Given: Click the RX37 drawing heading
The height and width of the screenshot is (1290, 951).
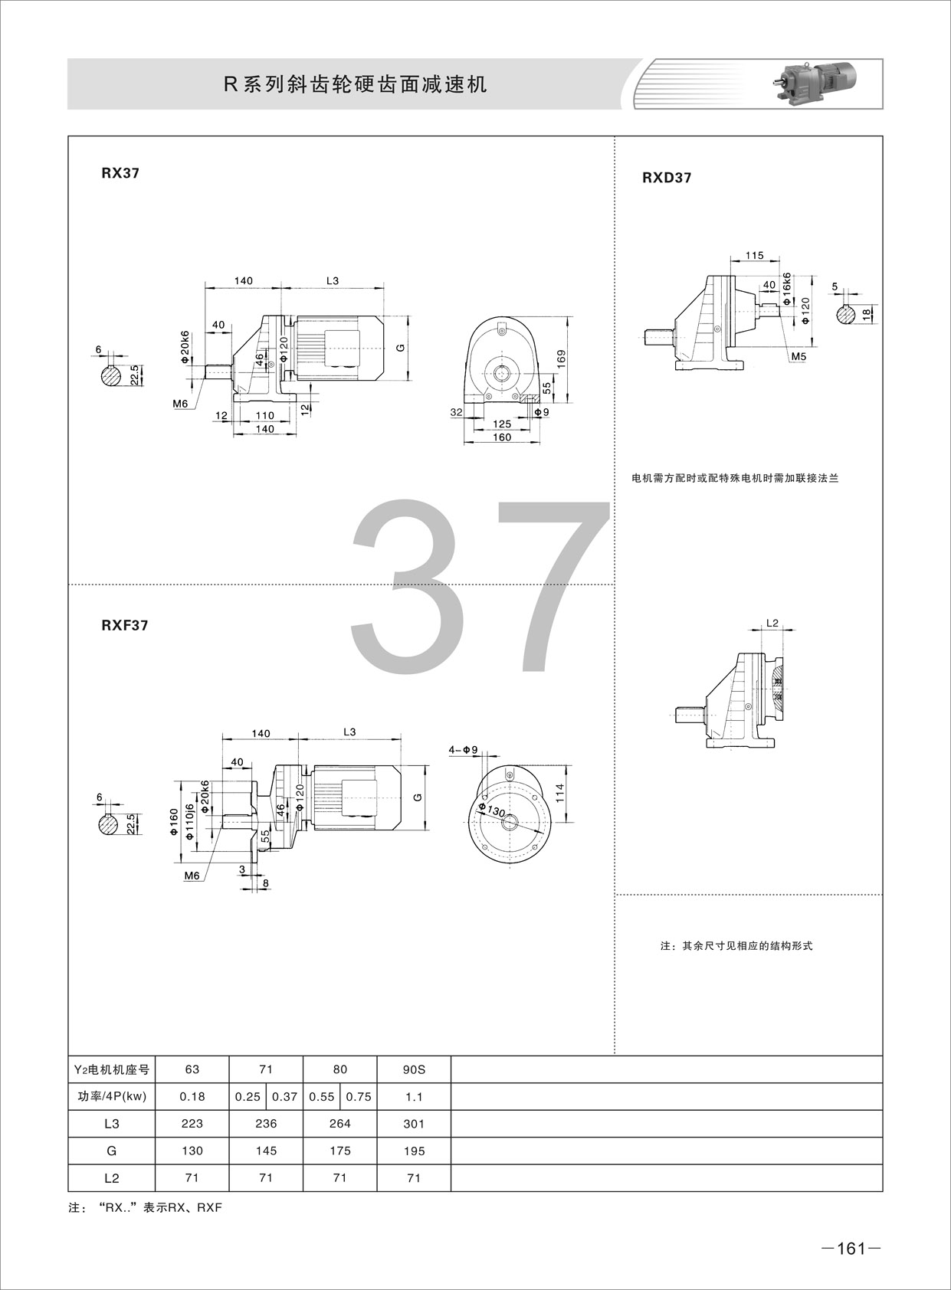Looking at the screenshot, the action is (120, 173).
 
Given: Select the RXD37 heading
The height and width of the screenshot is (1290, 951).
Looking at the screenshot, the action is (667, 178).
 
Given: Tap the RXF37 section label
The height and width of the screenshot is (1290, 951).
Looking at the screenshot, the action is (125, 625).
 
